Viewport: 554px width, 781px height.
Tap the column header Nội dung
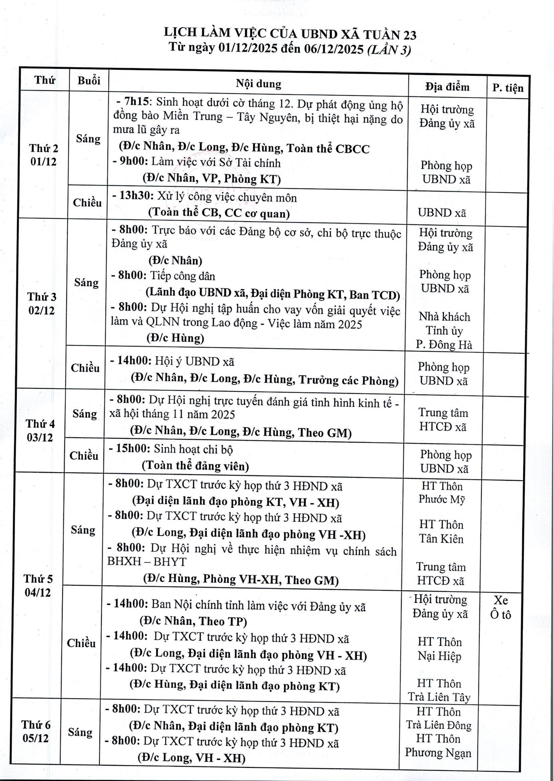pos(259,84)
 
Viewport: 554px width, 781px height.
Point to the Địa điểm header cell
pos(447,87)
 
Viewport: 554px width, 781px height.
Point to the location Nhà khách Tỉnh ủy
pos(444,324)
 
